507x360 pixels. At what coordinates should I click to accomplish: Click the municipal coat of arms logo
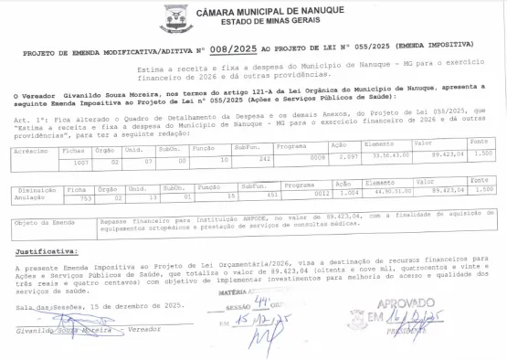(x=175, y=17)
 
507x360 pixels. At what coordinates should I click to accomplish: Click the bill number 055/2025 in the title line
(x=355, y=43)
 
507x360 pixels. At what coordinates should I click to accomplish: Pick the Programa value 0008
(x=317, y=157)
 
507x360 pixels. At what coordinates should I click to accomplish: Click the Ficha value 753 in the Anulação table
(x=86, y=197)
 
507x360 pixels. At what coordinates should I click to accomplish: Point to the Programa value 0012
(x=322, y=194)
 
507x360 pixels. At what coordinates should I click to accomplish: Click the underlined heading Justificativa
(x=46, y=249)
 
